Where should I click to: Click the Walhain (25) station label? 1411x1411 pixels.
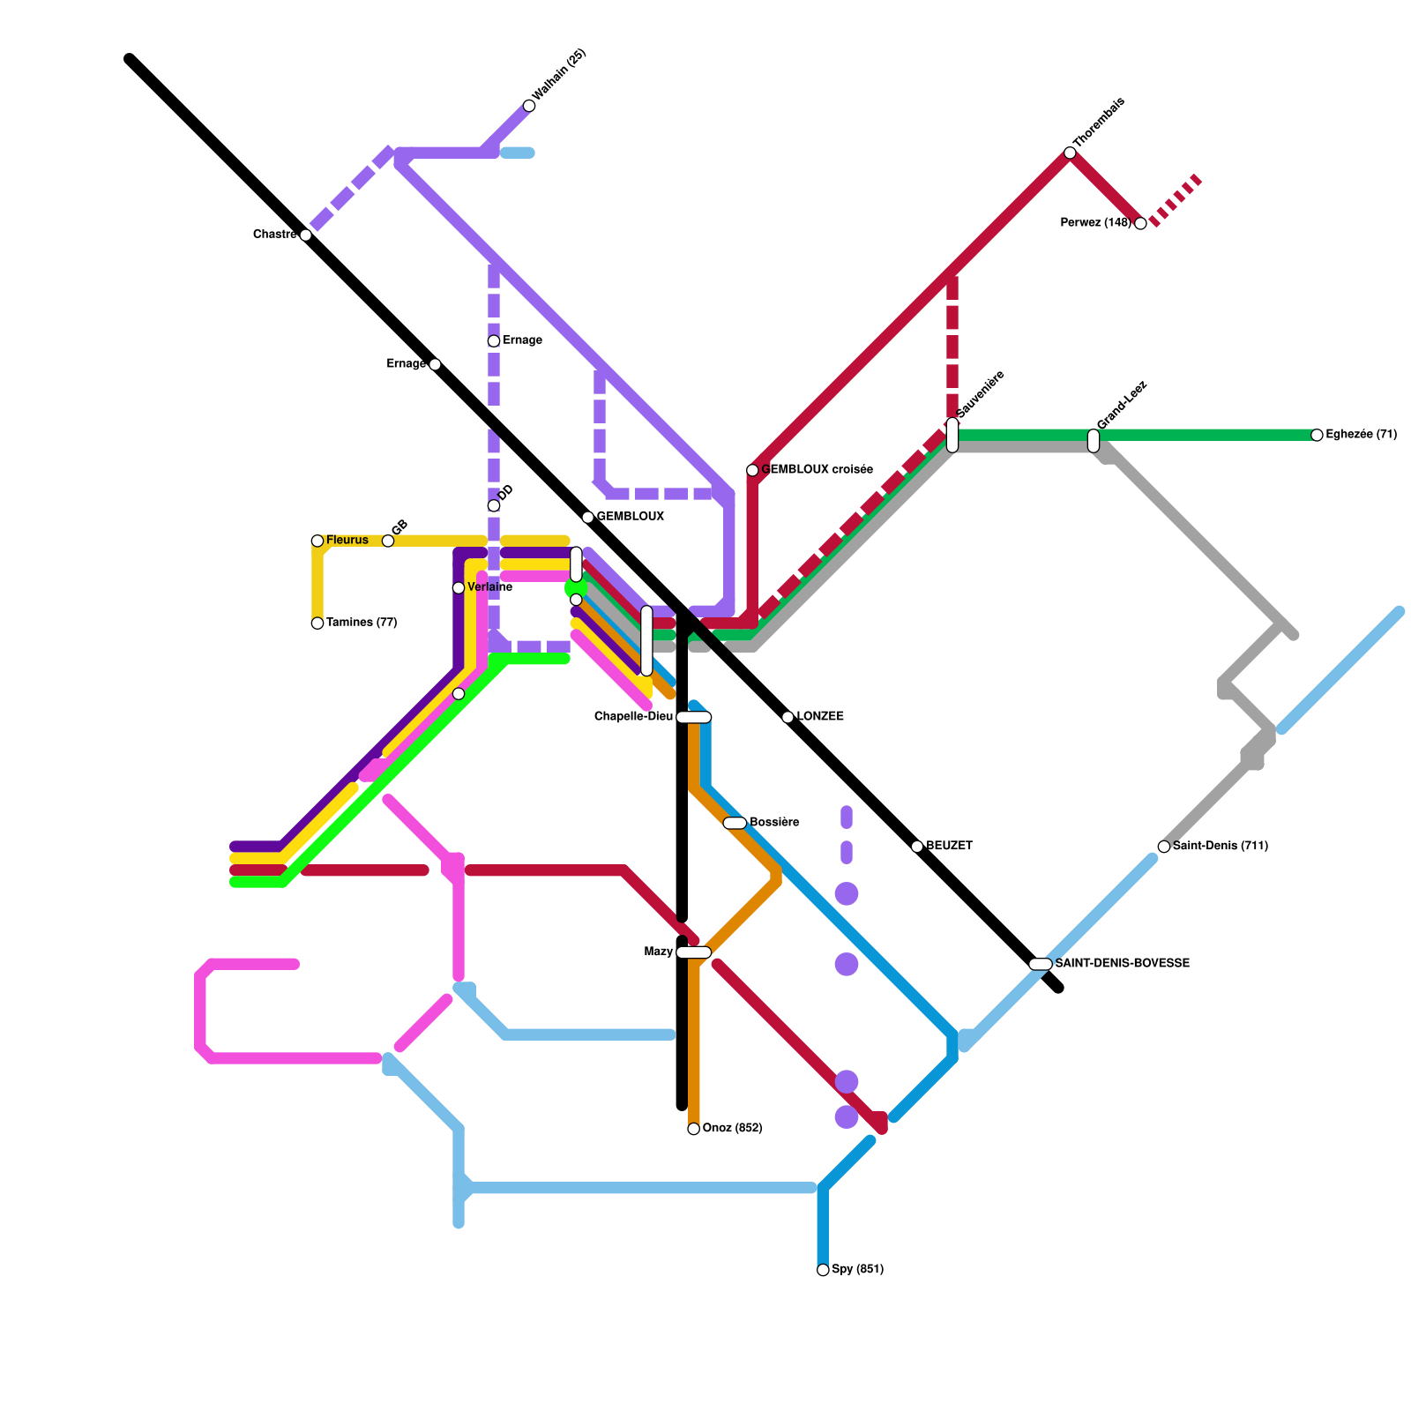[x=559, y=74]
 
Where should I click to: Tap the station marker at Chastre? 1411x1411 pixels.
[x=305, y=235]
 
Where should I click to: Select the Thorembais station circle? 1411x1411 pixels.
[x=1070, y=153]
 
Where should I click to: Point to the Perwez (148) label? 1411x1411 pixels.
[x=1095, y=223]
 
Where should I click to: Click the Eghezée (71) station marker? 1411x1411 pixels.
[x=1317, y=435]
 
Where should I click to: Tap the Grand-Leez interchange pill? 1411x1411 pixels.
[x=1094, y=440]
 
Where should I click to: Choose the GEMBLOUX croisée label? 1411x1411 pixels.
[x=817, y=470]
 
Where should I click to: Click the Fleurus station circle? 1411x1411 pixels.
[x=317, y=541]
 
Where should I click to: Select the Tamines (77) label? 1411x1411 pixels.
[x=362, y=623]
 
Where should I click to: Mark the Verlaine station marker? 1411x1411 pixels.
[x=459, y=588]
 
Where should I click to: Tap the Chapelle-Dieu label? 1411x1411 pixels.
[x=633, y=717]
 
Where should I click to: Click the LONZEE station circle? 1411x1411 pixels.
[x=788, y=717]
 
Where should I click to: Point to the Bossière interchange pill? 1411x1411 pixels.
[x=735, y=823]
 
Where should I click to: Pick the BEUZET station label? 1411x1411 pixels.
[x=949, y=847]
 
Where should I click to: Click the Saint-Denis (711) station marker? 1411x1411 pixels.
[x=1164, y=847]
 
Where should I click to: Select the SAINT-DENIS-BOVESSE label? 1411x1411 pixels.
[x=1122, y=964]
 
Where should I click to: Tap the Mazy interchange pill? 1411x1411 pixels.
[x=694, y=952]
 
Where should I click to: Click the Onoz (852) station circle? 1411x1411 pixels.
[x=694, y=1129]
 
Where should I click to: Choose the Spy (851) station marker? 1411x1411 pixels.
[x=823, y=1270]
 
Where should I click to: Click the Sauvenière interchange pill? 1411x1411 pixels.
[x=952, y=435]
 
